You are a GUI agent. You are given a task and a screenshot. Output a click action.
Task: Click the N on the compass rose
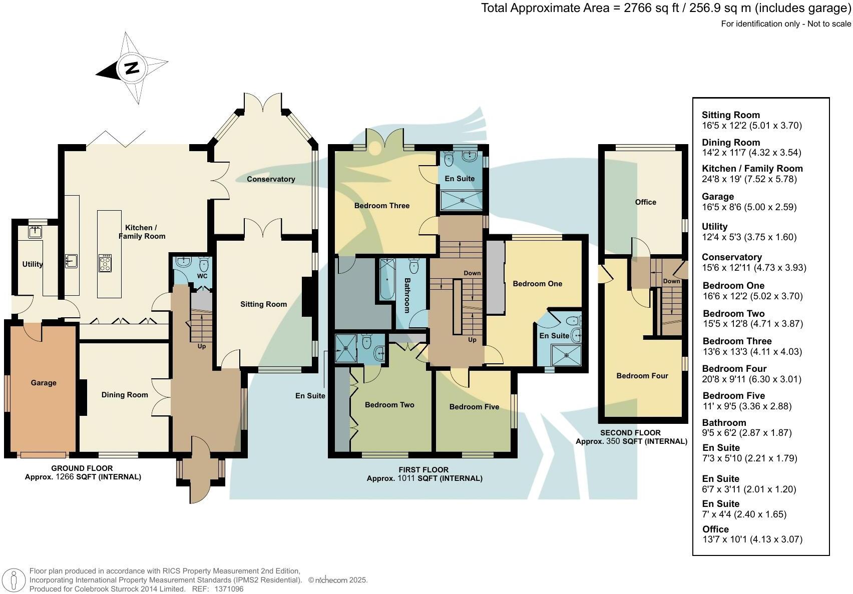[132, 68]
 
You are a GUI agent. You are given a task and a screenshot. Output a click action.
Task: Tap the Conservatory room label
[271, 179]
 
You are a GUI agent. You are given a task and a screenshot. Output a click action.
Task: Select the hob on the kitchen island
[105, 263]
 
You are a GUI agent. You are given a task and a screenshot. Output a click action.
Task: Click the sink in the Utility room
[35, 232]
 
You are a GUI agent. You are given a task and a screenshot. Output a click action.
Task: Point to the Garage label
[44, 383]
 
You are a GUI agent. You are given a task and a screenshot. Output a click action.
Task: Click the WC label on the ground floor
[202, 276]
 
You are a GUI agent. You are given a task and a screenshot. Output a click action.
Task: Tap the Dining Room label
[125, 395]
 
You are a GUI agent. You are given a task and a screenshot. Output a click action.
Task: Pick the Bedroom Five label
[474, 407]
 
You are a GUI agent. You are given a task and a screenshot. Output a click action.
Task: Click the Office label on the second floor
[645, 202]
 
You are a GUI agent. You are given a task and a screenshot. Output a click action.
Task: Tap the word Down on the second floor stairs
[671, 281]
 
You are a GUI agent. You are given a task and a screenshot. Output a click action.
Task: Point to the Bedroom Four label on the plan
[642, 376]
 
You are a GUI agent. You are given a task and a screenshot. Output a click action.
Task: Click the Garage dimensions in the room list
[749, 207]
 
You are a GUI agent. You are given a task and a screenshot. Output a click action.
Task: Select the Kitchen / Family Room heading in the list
[752, 169]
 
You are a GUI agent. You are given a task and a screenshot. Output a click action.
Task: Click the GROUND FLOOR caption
[82, 468]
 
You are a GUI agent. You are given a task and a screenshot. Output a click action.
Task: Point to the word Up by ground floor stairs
[202, 346]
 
